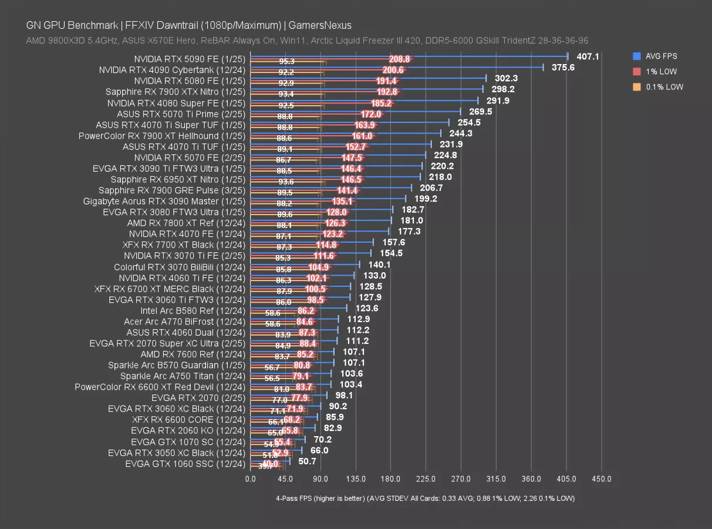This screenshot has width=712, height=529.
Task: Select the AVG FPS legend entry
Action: click(x=660, y=56)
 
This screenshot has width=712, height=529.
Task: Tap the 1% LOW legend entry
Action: click(x=660, y=72)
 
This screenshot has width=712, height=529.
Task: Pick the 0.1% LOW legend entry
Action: click(x=664, y=87)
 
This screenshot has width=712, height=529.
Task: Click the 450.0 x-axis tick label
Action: click(x=601, y=479)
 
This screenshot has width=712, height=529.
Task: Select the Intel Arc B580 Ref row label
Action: click(x=193, y=310)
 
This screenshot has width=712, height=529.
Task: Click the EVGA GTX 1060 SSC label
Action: click(x=185, y=464)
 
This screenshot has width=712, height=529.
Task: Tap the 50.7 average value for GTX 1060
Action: click(x=308, y=461)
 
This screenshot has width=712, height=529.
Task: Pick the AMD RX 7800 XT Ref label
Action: click(x=186, y=223)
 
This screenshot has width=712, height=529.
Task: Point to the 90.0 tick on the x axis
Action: click(x=320, y=479)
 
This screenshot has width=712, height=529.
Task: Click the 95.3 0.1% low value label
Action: click(x=287, y=62)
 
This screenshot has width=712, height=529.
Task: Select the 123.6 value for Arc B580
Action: click(x=367, y=308)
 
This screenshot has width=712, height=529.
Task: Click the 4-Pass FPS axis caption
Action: click(x=425, y=498)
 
